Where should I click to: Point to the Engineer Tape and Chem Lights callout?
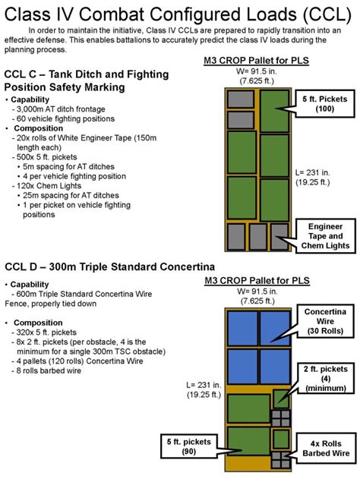coord(329,236)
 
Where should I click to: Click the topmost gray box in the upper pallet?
coord(241,99)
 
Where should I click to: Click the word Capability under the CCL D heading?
coord(36,284)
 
